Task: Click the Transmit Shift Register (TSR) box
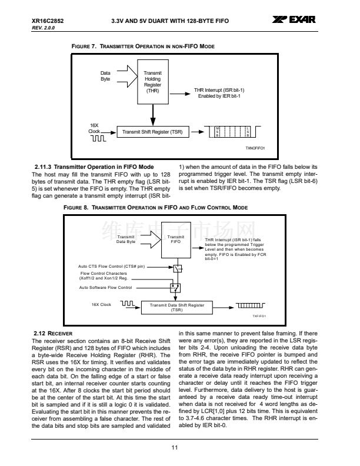click(152, 131)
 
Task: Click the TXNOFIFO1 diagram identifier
click(255, 148)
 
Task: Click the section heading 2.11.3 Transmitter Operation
click(94, 167)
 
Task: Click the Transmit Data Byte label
click(126, 239)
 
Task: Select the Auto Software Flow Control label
click(106, 287)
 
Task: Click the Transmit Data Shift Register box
click(177, 307)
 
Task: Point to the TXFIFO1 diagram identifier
click(259, 316)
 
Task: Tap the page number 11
click(175, 448)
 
